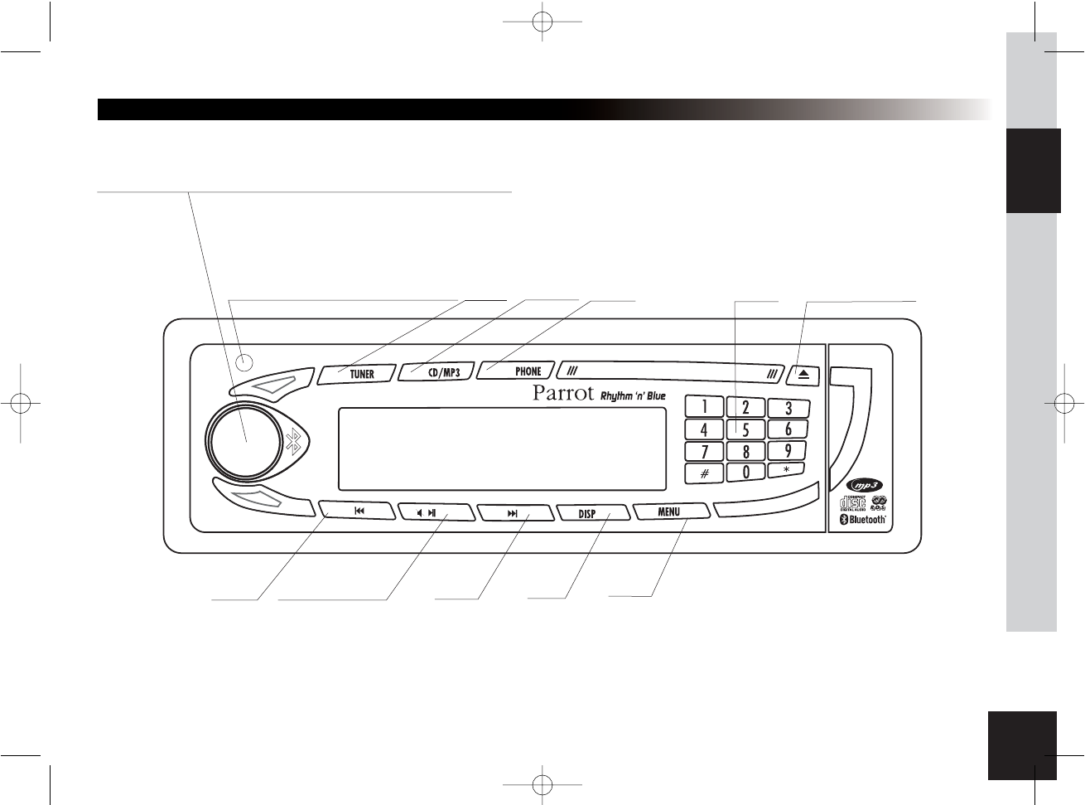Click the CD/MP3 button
pos(436,373)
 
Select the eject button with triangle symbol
pos(803,374)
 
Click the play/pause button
pos(434,513)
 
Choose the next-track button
pos(513,513)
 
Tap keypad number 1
pos(704,407)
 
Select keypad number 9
pos(788,451)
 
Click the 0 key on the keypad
pos(746,473)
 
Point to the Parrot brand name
pos(563,393)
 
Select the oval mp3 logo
pos(865,487)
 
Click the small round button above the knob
pos(244,361)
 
